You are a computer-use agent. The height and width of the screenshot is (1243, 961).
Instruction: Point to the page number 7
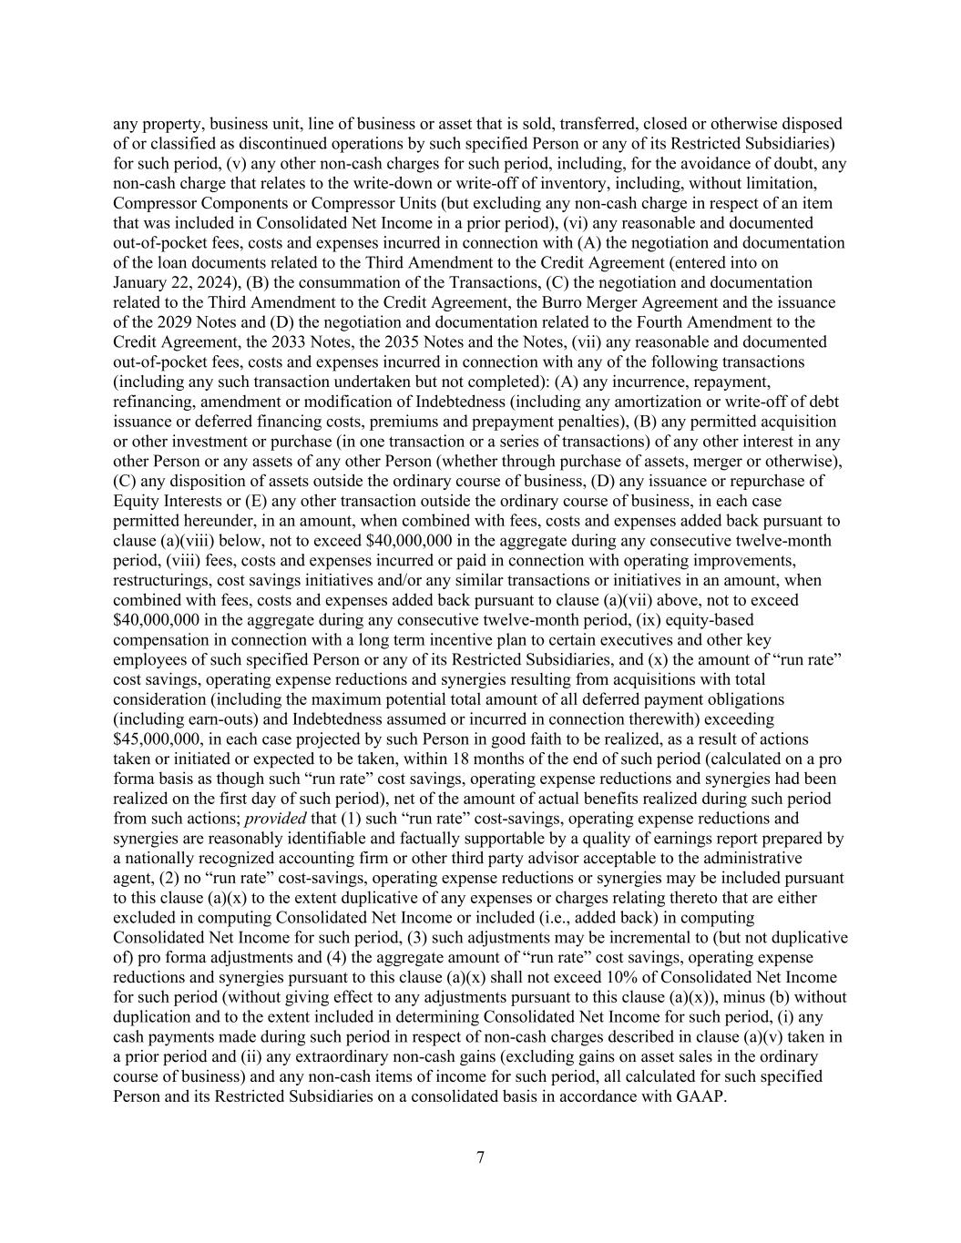pos(480,1157)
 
